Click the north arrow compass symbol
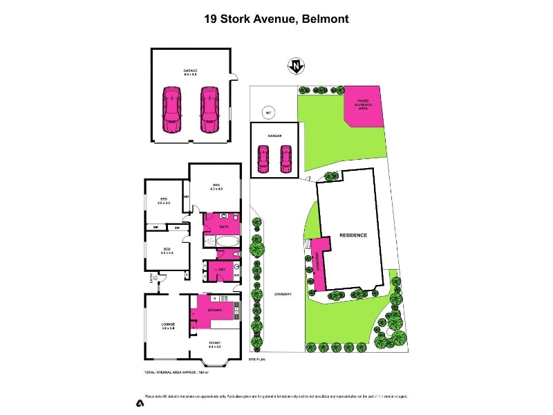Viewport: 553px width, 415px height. click(295, 66)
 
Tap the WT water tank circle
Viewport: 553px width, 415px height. click(268, 113)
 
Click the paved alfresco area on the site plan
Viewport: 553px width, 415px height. click(363, 106)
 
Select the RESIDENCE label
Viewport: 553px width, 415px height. click(353, 235)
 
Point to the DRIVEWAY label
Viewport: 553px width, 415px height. click(283, 294)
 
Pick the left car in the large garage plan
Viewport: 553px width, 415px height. click(170, 109)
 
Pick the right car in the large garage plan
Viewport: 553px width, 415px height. click(209, 109)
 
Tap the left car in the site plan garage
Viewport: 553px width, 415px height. click(263, 159)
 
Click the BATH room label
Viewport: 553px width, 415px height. click(224, 227)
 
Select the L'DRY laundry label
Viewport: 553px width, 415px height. click(222, 268)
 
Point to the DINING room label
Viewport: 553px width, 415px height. click(215, 353)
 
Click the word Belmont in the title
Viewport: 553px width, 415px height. click(324, 19)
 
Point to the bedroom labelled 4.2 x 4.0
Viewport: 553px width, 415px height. click(216, 186)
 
